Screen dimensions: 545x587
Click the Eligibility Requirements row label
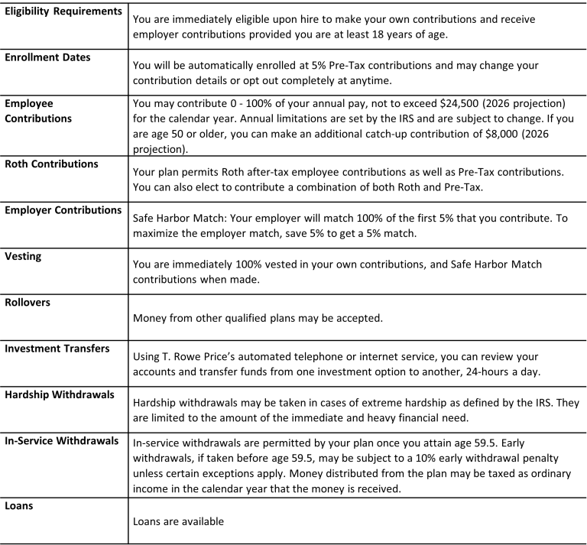pyautogui.click(x=63, y=12)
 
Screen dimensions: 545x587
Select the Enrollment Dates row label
pyautogui.click(x=47, y=57)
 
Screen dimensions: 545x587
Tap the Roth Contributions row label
pyautogui.click(x=51, y=164)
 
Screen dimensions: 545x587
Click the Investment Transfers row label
pyautogui.click(x=57, y=348)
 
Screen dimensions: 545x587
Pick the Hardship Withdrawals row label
pyautogui.click(x=60, y=394)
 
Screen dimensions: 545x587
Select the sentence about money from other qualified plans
pyautogui.click(x=274, y=316)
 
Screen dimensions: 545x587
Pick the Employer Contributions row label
pyautogui.click(x=63, y=209)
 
